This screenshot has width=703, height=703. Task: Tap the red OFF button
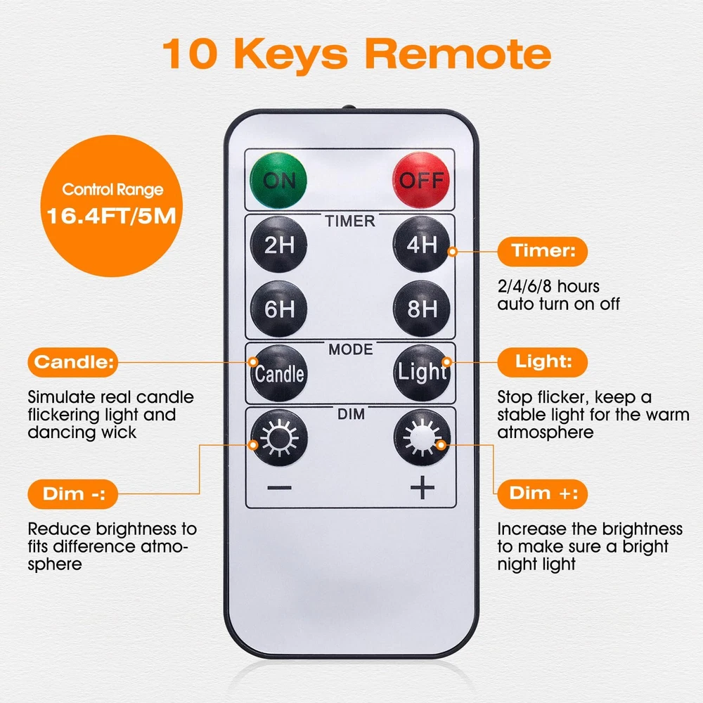(420, 180)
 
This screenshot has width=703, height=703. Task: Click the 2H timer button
(279, 245)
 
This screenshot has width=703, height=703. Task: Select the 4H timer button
(421, 245)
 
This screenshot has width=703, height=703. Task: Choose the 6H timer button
(279, 309)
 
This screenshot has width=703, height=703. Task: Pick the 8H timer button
(421, 309)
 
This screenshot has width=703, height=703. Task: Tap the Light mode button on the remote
(422, 373)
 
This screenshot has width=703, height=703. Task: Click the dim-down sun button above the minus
(279, 438)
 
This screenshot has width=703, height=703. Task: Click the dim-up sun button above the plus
(422, 437)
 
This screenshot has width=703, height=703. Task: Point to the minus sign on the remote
(279, 487)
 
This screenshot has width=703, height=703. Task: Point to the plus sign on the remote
(423, 487)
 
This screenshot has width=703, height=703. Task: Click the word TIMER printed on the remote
(350, 221)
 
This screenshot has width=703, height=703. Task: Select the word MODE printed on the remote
(351, 349)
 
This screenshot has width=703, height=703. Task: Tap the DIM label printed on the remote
(351, 414)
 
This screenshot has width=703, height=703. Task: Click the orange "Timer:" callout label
(543, 251)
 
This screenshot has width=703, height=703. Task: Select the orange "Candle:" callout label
(73, 362)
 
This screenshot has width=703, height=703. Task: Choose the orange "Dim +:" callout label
(543, 494)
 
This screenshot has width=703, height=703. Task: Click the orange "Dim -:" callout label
(73, 494)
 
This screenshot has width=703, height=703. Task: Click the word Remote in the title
(458, 54)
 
